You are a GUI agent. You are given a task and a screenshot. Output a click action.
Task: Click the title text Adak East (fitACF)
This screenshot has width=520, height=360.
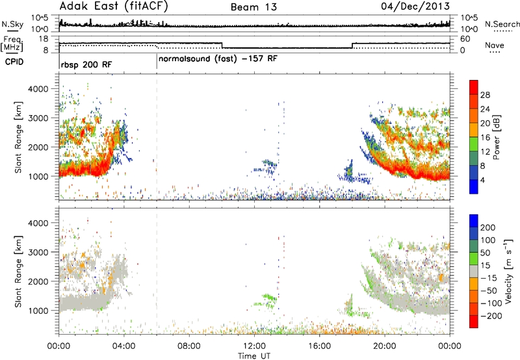tap(114, 6)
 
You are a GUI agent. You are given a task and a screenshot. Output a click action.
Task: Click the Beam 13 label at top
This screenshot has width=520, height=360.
tap(253, 7)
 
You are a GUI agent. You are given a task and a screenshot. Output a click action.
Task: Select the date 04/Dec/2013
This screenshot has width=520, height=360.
tap(415, 6)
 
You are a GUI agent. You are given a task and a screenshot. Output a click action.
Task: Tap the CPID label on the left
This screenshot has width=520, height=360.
tap(14, 62)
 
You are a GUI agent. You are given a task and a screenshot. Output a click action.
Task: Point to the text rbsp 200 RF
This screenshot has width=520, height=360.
tap(86, 64)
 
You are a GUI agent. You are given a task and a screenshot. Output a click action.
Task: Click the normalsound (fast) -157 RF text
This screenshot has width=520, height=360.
tap(218, 59)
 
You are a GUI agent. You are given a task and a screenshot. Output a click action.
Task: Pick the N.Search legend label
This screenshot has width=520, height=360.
tap(502, 24)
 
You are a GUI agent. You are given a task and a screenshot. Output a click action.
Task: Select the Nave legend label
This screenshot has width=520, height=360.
tap(495, 45)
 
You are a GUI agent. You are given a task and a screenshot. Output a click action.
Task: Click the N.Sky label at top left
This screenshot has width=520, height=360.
tap(12, 24)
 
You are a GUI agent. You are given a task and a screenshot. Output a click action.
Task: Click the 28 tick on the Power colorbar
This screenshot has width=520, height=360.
tap(485, 95)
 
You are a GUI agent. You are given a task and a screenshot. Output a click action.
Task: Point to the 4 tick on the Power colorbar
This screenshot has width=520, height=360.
tap(483, 180)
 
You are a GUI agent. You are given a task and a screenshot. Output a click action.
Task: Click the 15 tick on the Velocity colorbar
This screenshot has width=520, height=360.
tap(485, 265)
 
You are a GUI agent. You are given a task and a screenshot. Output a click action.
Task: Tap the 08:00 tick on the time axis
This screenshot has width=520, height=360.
tap(189, 346)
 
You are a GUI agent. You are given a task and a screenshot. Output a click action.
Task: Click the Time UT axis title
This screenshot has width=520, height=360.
tap(254, 356)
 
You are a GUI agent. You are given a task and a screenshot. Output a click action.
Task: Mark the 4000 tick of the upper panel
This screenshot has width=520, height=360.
tap(38, 89)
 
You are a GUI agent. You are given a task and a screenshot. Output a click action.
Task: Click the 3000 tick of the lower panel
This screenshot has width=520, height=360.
tap(38, 252)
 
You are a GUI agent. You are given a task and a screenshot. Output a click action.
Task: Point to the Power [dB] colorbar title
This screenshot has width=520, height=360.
tap(497, 137)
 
